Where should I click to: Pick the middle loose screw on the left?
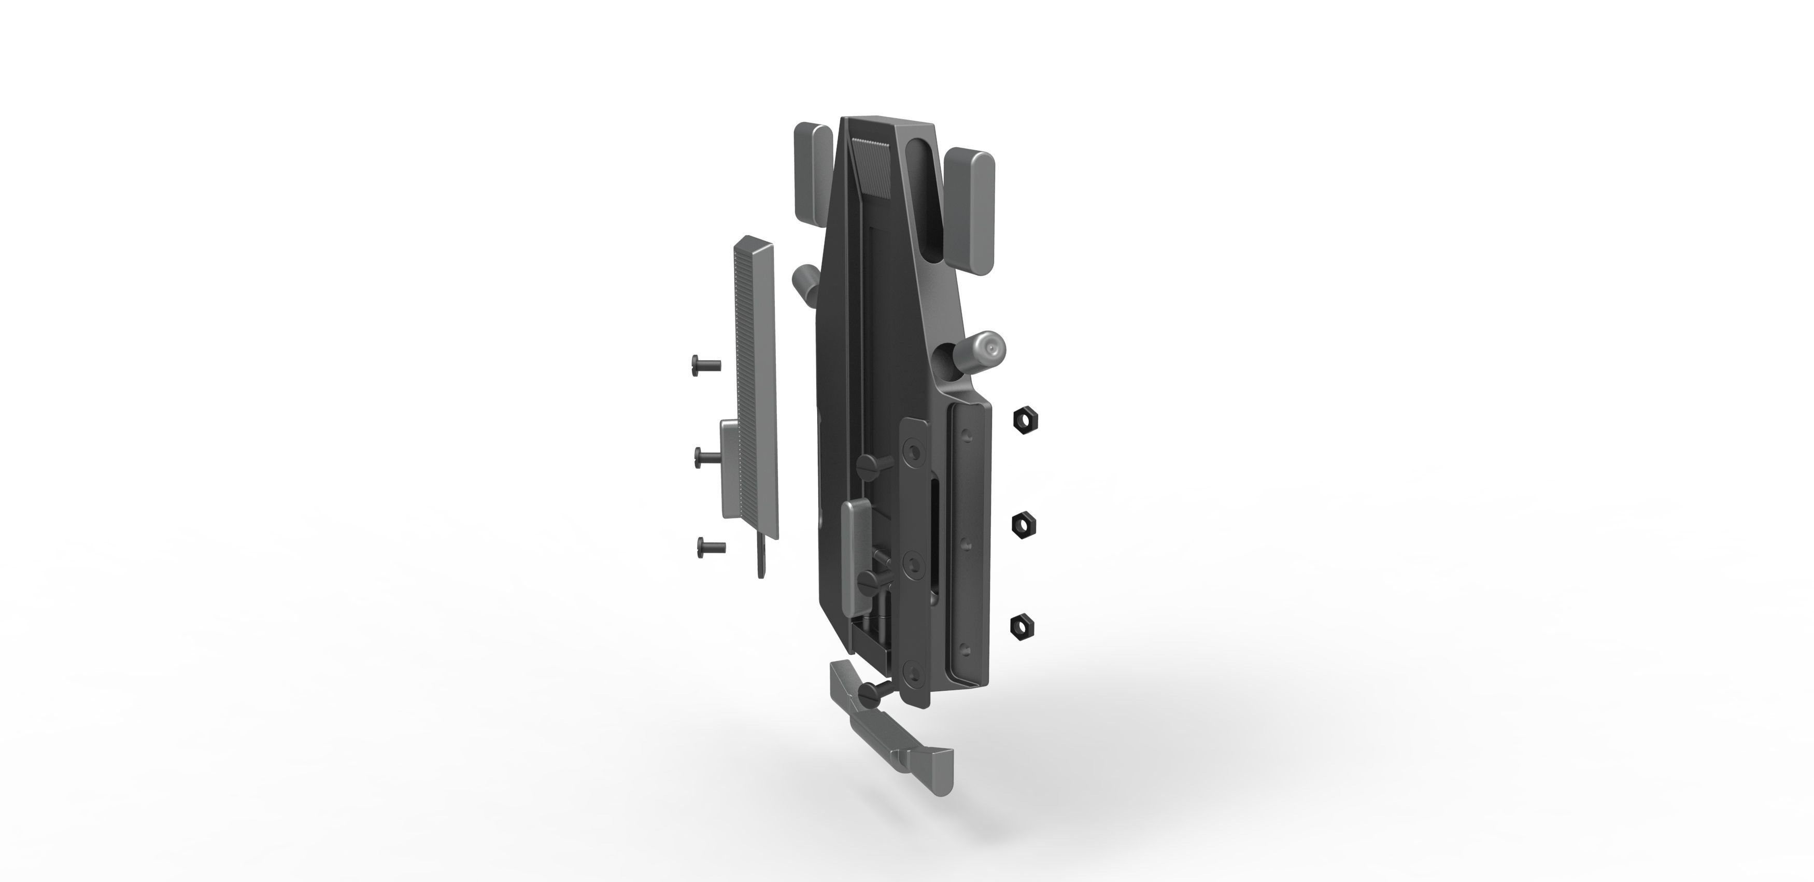[706, 457]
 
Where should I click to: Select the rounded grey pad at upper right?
[970, 210]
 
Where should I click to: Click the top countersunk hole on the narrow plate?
[914, 452]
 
